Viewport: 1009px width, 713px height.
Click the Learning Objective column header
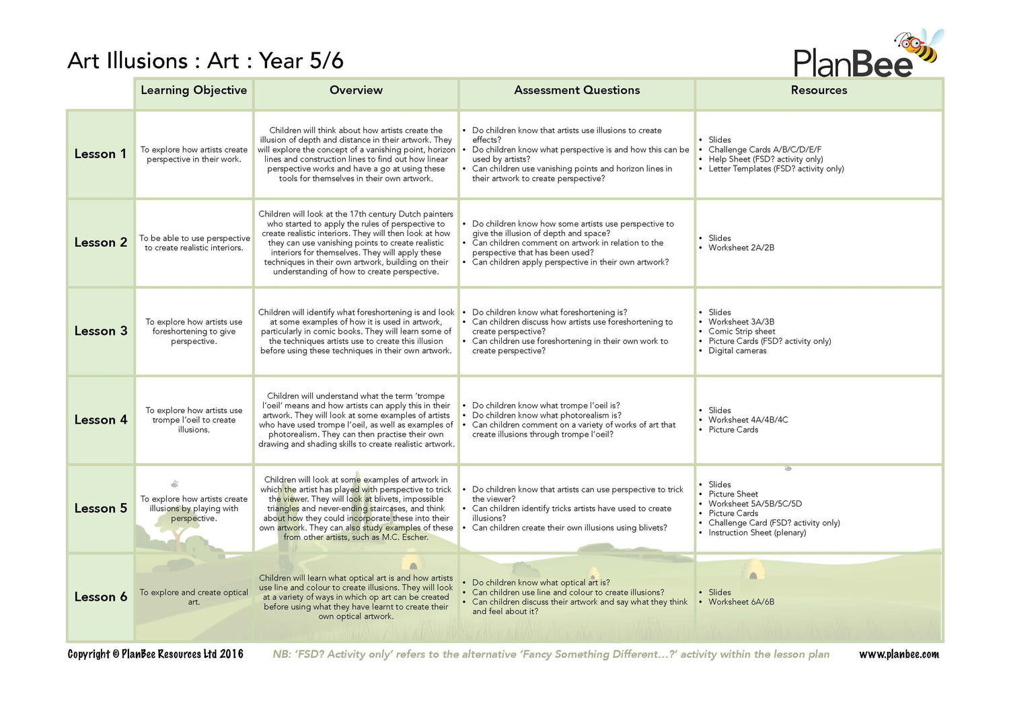point(194,90)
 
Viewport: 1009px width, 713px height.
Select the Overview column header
point(356,90)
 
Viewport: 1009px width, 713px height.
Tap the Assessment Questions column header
point(576,90)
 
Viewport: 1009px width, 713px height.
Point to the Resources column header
point(819,90)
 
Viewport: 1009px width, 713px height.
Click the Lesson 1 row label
point(100,154)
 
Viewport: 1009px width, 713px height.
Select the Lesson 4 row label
point(100,420)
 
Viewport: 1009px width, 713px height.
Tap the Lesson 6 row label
point(100,597)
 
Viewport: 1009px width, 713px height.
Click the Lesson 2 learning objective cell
point(194,243)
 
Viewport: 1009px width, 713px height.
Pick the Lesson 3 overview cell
point(356,331)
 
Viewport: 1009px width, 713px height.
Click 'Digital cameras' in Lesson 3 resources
point(737,350)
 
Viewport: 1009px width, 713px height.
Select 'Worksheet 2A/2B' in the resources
point(741,248)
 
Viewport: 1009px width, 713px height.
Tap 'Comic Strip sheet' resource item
point(741,331)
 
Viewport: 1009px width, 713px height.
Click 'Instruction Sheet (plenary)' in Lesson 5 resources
point(757,532)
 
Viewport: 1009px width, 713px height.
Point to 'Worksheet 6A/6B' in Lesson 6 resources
point(741,602)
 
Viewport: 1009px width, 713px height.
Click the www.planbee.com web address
point(899,654)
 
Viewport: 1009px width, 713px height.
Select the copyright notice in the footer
point(155,654)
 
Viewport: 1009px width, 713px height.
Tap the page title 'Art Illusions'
point(128,61)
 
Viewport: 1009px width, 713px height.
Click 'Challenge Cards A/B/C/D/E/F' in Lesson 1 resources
point(764,149)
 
